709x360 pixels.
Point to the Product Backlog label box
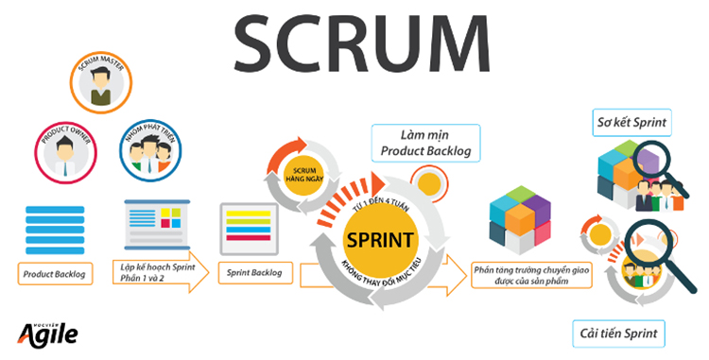click(x=54, y=274)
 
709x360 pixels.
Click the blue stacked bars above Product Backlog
click(x=55, y=224)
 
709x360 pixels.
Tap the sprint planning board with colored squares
click(x=154, y=224)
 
